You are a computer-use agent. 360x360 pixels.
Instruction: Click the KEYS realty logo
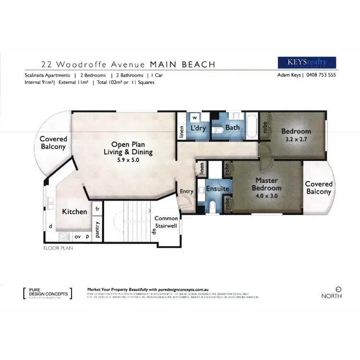coord(307,63)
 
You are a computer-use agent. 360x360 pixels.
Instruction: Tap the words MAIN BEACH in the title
coord(183,64)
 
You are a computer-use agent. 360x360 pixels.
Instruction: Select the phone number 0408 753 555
coord(321,75)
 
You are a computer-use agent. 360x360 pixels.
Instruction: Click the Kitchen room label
coord(74,211)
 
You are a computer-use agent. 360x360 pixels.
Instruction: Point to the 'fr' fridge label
coord(97,209)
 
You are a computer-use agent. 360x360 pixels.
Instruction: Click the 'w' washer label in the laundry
coord(195,117)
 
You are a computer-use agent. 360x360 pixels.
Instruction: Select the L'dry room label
coord(198,128)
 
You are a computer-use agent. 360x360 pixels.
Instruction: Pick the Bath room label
coord(233,128)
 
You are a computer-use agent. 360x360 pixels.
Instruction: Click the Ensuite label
coord(218,189)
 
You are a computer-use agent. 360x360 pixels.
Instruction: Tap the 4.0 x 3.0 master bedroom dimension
coord(266,196)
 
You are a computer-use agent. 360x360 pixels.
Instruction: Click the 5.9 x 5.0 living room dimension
coord(125,160)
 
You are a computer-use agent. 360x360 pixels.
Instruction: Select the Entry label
coord(186,192)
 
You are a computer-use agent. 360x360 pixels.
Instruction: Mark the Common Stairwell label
coord(166,222)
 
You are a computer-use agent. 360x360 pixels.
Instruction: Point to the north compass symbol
coord(338,289)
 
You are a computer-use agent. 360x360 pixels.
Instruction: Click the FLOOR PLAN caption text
coord(58,249)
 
